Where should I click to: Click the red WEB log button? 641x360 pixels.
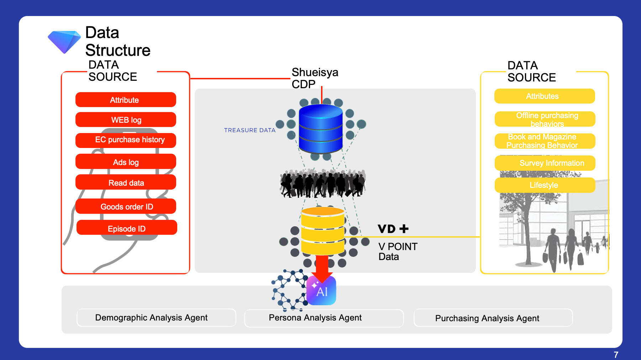126,120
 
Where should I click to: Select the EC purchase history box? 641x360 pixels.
126,140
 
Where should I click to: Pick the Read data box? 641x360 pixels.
126,182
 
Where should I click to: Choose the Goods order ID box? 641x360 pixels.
126,206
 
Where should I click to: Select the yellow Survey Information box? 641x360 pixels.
545,163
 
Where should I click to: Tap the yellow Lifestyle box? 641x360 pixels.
545,185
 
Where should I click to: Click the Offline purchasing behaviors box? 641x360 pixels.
545,119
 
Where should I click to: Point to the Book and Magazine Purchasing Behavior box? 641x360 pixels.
545,141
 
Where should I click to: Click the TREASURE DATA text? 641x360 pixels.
250,130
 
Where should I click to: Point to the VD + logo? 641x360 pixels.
393,229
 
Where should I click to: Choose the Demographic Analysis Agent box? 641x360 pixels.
156,318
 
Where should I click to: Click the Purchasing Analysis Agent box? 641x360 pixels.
493,318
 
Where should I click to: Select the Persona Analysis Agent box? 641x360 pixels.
324,318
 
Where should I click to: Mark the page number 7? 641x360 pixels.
616,355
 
